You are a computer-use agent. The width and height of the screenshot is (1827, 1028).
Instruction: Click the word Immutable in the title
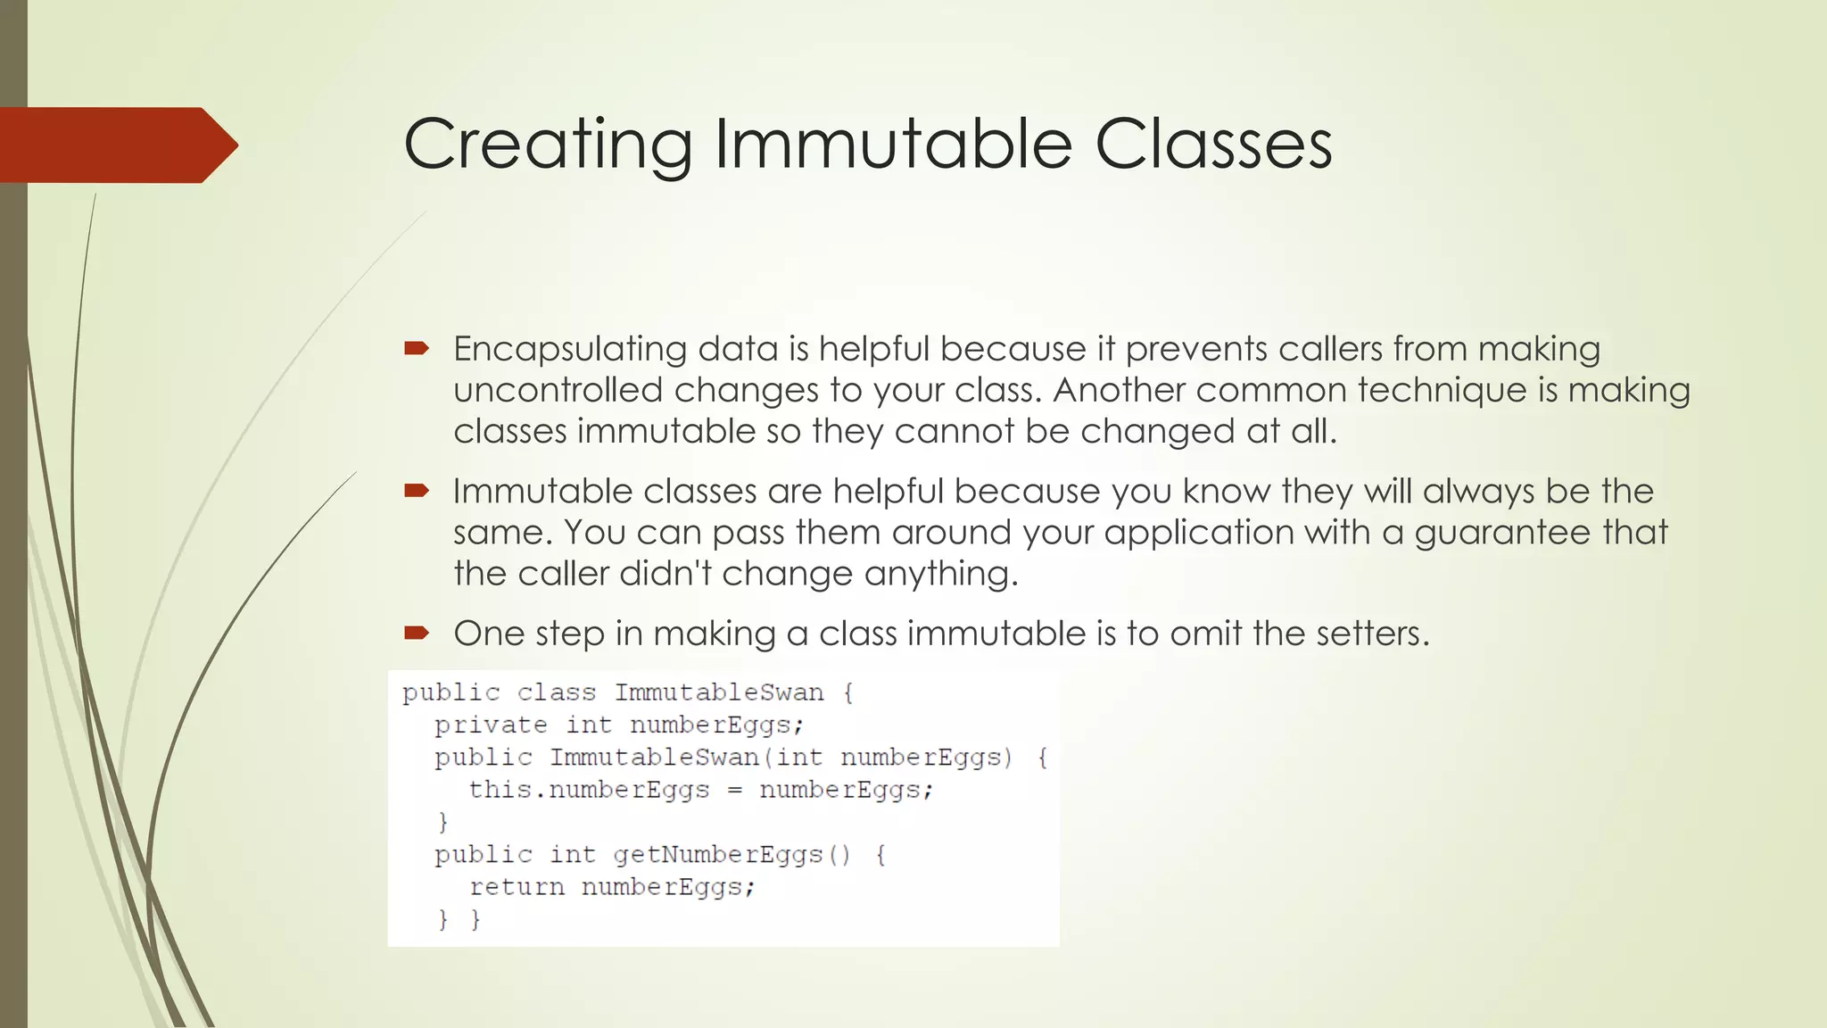click(892, 145)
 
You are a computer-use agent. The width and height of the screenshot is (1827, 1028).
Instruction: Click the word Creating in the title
click(548, 145)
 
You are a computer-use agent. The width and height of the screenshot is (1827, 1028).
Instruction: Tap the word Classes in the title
click(1213, 145)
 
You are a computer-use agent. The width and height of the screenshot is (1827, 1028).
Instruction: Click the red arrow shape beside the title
click(116, 145)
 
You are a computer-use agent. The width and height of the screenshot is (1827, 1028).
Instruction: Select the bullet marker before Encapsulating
click(417, 348)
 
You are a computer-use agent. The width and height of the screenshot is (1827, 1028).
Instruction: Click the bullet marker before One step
click(417, 634)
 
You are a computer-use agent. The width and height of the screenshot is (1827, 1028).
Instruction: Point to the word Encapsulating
click(570, 349)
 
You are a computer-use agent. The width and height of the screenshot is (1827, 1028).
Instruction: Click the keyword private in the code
click(491, 725)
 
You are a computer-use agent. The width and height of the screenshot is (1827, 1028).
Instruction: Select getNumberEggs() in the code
click(732, 855)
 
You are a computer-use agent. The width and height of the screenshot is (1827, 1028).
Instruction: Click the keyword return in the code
click(517, 887)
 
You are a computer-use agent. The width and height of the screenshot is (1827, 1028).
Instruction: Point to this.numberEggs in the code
click(589, 791)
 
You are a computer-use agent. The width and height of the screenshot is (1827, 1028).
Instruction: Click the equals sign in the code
click(734, 791)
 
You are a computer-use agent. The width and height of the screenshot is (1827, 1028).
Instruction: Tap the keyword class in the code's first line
click(556, 692)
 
